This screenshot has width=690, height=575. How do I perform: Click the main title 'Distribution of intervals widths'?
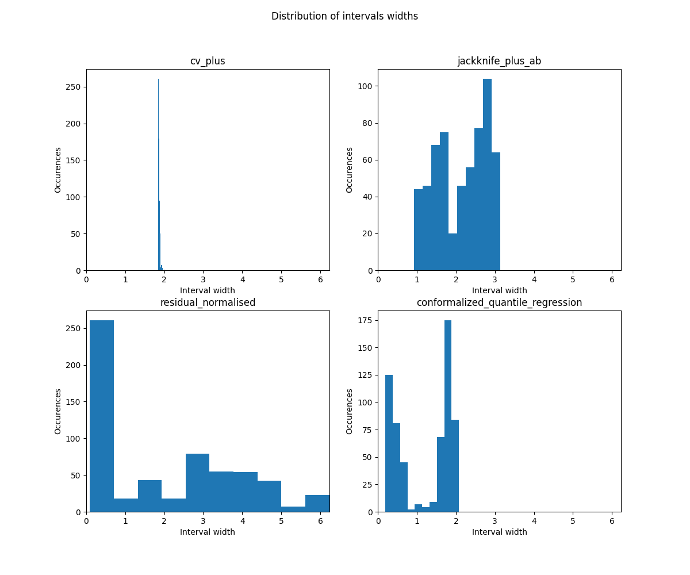(x=344, y=16)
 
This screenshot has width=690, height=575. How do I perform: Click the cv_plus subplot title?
(x=208, y=61)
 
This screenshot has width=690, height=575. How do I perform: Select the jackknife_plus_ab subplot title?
(x=499, y=61)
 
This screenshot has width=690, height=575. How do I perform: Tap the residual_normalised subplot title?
(x=208, y=302)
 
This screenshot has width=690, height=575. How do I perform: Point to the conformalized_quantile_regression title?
(x=499, y=302)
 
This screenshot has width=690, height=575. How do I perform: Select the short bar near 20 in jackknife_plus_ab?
(x=453, y=253)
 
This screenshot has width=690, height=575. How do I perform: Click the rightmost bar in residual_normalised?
(x=317, y=504)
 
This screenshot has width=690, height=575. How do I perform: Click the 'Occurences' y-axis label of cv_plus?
(x=58, y=170)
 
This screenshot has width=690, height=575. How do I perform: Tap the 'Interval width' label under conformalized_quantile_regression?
(x=499, y=532)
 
